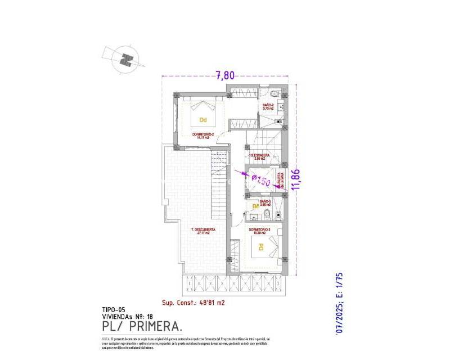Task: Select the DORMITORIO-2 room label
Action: [203, 134]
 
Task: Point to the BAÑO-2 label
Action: [268, 105]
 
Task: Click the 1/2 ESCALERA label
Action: [259, 155]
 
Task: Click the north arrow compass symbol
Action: [128, 58]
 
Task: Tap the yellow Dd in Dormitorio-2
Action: [202, 119]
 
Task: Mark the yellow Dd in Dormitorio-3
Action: [261, 246]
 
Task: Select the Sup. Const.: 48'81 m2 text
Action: [193, 302]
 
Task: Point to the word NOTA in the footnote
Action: [106, 339]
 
